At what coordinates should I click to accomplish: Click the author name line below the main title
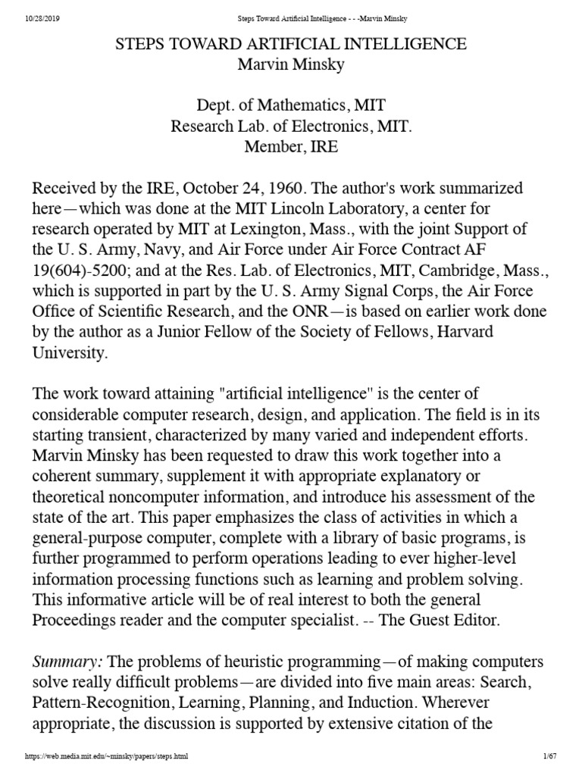pyautogui.click(x=290, y=65)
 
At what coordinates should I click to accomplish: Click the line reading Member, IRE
pyautogui.click(x=290, y=147)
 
